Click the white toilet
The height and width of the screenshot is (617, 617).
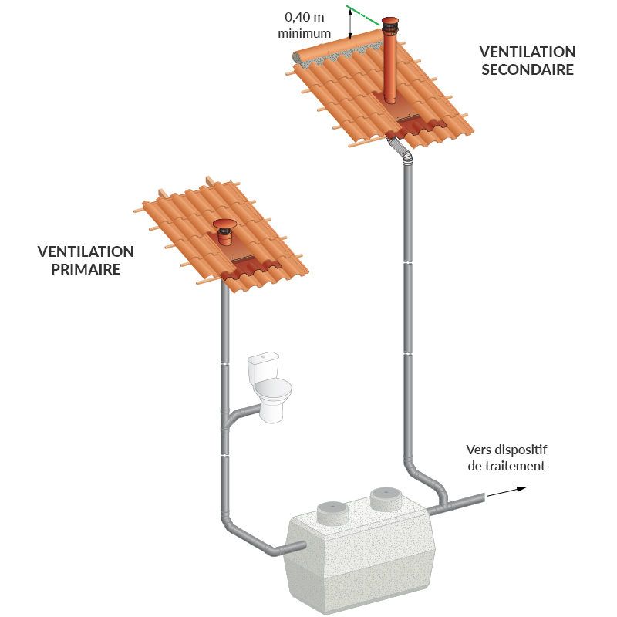(x=270, y=388)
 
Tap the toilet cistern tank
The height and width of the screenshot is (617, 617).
(x=263, y=365)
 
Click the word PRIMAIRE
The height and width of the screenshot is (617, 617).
(x=86, y=269)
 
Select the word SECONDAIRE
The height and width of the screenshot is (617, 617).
(x=528, y=69)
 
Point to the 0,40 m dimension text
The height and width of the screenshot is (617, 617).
(x=304, y=17)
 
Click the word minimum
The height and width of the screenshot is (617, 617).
(x=304, y=33)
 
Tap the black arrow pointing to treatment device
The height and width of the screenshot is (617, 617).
(x=507, y=492)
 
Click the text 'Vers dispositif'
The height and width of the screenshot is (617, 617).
(x=507, y=450)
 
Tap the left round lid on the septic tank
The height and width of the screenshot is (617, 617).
(x=333, y=513)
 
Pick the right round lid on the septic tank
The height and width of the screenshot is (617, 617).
(x=386, y=498)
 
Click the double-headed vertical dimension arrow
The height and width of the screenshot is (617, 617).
(x=350, y=25)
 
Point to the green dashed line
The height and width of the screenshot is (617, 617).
(x=363, y=15)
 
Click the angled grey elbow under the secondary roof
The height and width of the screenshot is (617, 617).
(x=400, y=150)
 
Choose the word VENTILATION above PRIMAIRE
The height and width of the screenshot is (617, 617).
(x=86, y=251)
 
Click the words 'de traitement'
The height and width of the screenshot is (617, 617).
(x=507, y=466)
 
